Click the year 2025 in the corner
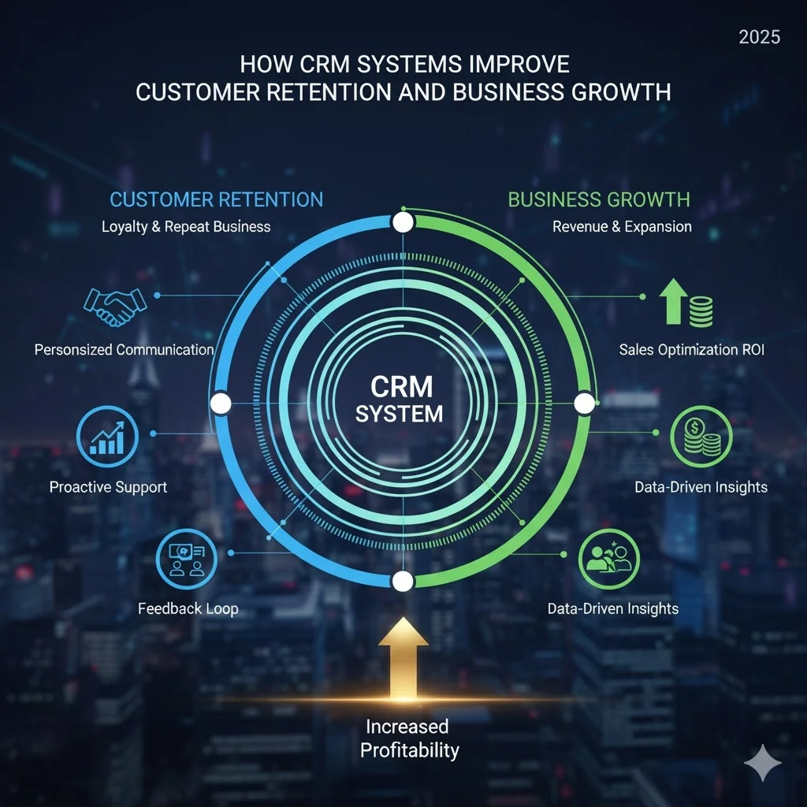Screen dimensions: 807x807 click(x=759, y=38)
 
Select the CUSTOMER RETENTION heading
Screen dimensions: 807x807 click(x=216, y=199)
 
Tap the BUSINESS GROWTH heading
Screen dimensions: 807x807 click(x=599, y=199)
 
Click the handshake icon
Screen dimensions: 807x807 click(x=115, y=306)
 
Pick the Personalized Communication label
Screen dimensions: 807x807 click(x=124, y=349)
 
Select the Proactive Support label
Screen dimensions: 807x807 click(x=108, y=487)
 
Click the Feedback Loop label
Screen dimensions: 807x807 click(x=188, y=608)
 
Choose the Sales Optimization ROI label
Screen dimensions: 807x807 click(x=691, y=349)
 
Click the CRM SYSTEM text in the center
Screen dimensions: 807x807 click(x=401, y=400)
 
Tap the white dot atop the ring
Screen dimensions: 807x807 click(x=403, y=222)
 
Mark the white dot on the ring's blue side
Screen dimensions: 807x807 click(x=221, y=403)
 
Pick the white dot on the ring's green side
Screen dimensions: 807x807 click(x=584, y=403)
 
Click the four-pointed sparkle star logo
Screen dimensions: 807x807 click(x=763, y=763)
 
